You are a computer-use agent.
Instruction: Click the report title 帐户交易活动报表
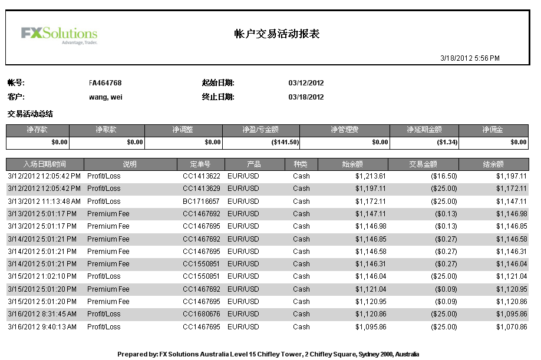pos(277,34)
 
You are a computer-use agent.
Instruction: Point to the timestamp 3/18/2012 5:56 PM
pos(470,58)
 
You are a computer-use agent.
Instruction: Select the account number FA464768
pos(105,83)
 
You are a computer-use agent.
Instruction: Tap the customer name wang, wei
pos(105,97)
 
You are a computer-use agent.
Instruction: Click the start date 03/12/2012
pos(306,83)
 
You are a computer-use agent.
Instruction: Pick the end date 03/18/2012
pos(306,97)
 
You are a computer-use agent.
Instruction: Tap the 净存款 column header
pos(37,130)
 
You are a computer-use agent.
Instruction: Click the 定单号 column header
pos(200,164)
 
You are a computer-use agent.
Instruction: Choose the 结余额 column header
pos(493,164)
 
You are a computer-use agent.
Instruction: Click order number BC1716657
pos(201,201)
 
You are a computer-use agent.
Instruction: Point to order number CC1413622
pos(201,176)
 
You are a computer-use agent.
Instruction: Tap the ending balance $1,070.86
pos(511,326)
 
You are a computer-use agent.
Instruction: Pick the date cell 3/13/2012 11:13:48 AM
pos(44,201)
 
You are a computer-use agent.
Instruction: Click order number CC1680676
pos(201,314)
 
